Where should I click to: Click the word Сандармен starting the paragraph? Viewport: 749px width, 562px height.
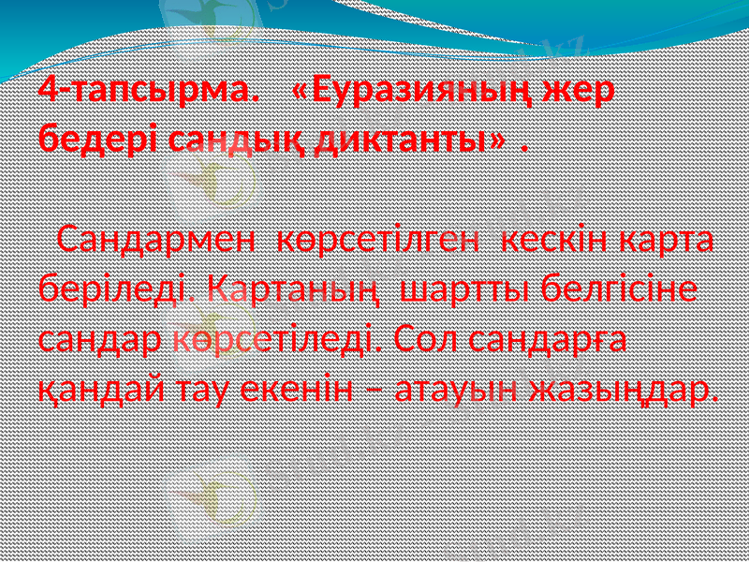point(155,241)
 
